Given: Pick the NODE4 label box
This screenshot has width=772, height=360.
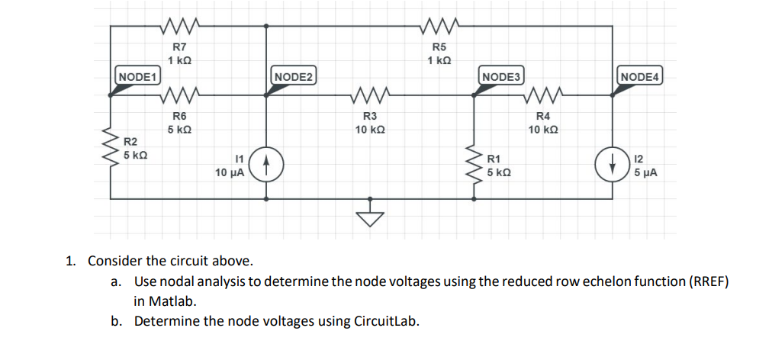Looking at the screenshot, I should click(642, 77).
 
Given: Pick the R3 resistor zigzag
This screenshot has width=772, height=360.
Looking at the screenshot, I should click(368, 95).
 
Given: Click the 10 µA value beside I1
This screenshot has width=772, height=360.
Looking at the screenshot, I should click(230, 173).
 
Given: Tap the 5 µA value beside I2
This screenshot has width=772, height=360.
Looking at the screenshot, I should click(645, 173).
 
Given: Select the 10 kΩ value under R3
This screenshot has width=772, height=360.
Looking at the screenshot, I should click(369, 130).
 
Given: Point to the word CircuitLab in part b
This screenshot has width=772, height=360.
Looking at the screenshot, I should click(387, 320).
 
